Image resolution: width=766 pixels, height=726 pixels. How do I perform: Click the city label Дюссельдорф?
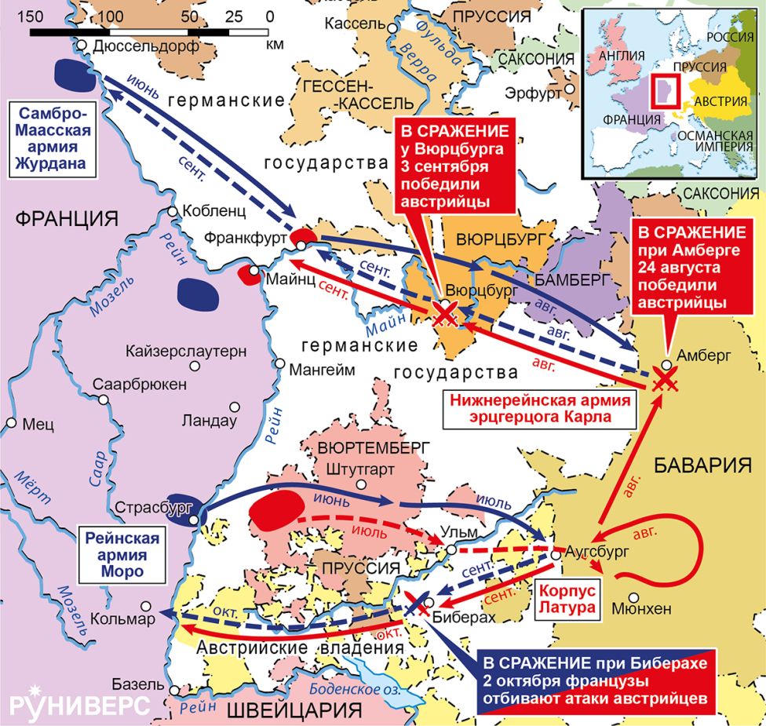tap(145, 46)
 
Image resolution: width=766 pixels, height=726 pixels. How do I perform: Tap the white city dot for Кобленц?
tap(172, 211)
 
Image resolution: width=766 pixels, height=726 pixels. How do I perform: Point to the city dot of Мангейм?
tap(280, 363)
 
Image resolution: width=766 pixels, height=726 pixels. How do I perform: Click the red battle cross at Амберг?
tap(665, 381)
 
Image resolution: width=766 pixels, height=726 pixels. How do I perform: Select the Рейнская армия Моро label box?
tap(122, 554)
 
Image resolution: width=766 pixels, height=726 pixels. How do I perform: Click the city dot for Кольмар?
tap(146, 605)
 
